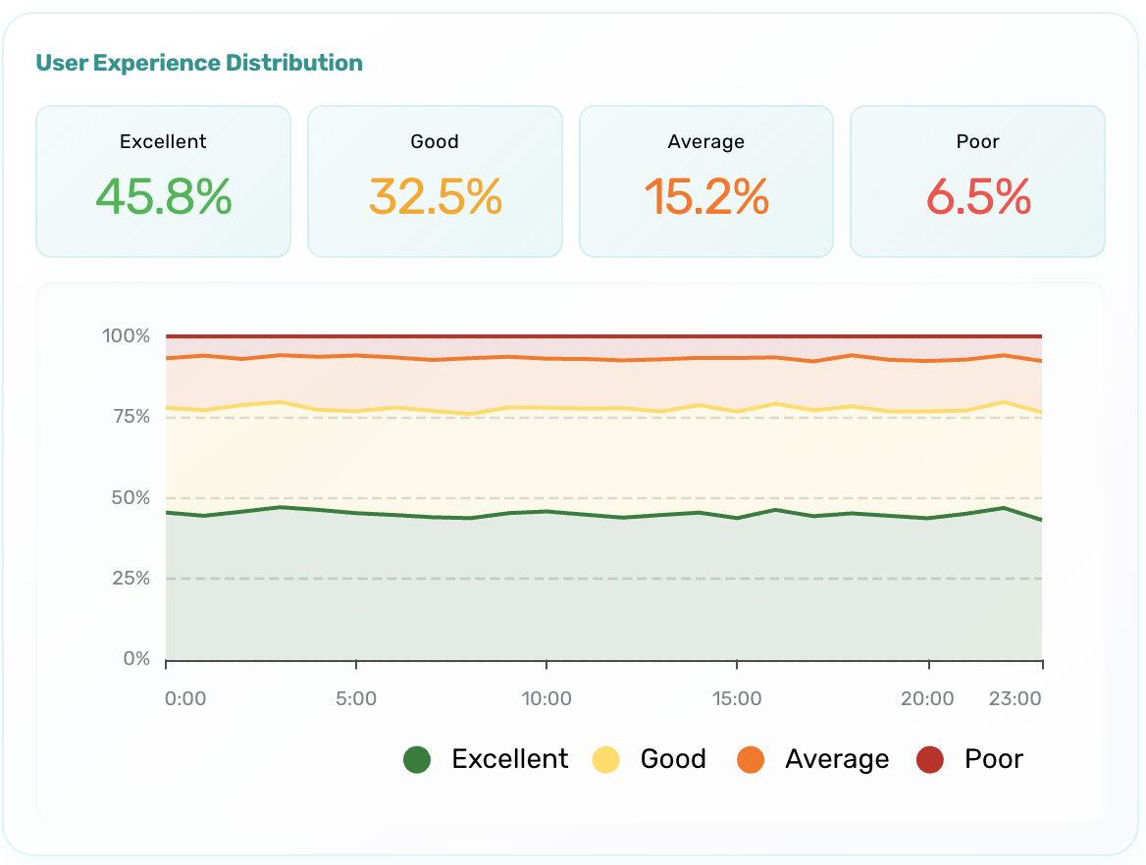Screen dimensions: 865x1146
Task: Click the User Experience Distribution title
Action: tap(199, 64)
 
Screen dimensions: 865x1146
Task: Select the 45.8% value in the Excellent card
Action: tap(164, 198)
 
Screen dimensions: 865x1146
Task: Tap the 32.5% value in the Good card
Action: tap(435, 198)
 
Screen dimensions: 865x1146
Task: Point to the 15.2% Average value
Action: tap(706, 198)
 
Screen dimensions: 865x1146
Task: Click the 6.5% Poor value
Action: tap(978, 198)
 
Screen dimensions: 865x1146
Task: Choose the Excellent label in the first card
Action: tap(163, 142)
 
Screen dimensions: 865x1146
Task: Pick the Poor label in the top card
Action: tap(978, 142)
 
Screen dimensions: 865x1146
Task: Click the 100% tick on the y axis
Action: tap(126, 336)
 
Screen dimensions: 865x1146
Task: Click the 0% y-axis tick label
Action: tap(135, 659)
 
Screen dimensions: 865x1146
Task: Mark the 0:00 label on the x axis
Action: tap(185, 699)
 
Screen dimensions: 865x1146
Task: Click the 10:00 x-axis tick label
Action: tap(547, 699)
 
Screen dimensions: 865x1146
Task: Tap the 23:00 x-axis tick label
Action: tap(1015, 699)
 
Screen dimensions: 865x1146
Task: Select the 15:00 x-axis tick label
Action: tap(737, 699)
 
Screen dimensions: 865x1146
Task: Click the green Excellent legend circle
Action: tap(417, 760)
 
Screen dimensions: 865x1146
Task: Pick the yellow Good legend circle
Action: tap(606, 760)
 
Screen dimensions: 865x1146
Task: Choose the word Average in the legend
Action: tap(837, 760)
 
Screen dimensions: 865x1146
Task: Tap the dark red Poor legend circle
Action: tap(929, 760)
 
